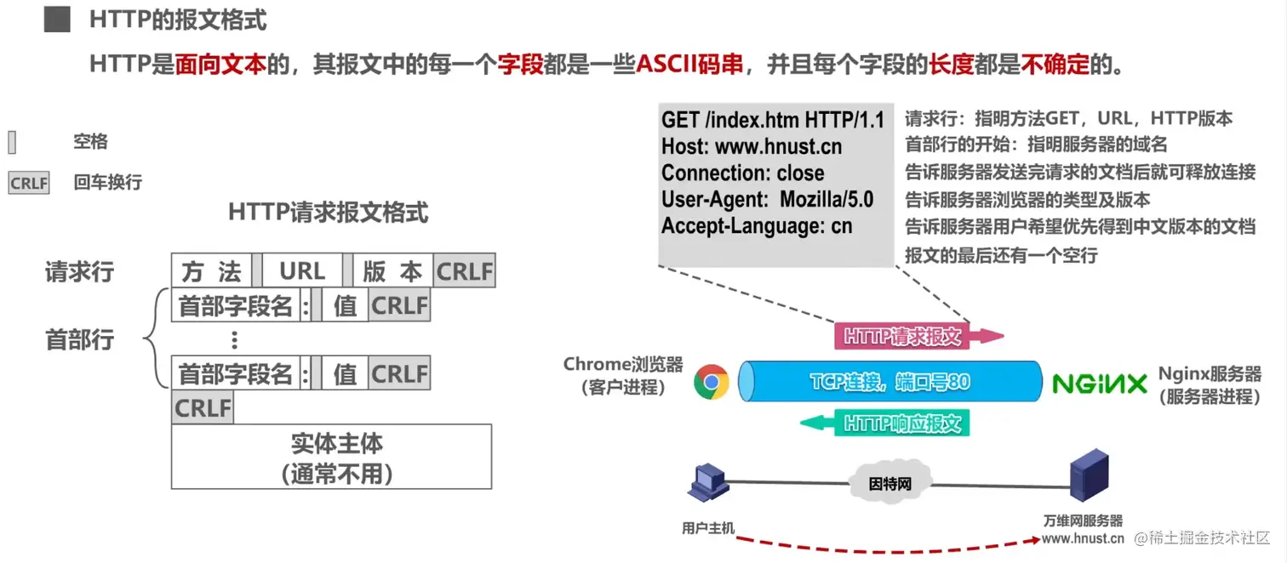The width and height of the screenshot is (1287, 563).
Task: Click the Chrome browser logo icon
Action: tap(711, 382)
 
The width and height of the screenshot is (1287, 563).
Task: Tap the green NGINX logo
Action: tap(1100, 384)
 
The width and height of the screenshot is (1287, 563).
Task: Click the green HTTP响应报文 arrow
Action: tap(890, 423)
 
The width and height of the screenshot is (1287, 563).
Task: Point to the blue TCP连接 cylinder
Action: tap(889, 382)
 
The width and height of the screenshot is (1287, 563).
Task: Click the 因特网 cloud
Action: tap(890, 483)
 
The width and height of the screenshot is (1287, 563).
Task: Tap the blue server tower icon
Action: tap(1090, 477)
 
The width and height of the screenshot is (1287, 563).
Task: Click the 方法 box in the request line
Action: tap(211, 271)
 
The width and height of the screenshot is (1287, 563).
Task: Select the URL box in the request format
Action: tap(302, 271)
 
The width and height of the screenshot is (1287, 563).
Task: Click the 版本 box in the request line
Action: tap(392, 271)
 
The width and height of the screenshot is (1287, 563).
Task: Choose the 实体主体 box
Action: tap(332, 457)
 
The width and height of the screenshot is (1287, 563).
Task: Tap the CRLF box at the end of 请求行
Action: tap(464, 271)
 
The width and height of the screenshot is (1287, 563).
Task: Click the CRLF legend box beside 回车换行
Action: tap(29, 183)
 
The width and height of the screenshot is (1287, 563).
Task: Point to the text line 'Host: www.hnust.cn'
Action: tap(752, 146)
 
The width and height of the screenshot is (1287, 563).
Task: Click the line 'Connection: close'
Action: tap(742, 173)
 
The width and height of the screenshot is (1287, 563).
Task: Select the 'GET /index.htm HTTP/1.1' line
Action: tap(773, 120)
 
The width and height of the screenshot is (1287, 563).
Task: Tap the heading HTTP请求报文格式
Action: tap(328, 212)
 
